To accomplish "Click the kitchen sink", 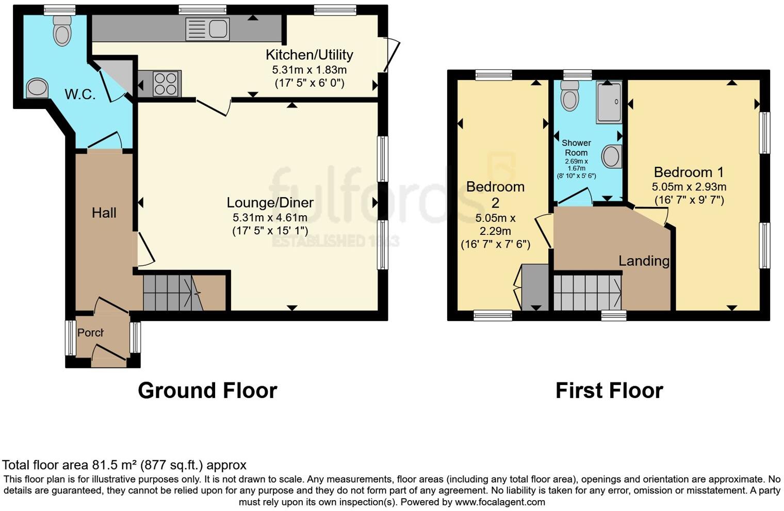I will tap(207, 29).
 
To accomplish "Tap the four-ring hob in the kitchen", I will tap(166, 83).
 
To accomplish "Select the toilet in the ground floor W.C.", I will tap(62, 30).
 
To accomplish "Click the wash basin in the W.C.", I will tap(37, 88).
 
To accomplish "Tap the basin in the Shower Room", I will tap(612, 156).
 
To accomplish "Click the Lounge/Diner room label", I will tap(270, 202).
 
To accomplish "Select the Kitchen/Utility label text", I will tap(309, 55).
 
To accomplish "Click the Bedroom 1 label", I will tap(689, 172).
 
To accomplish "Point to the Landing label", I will tap(644, 261).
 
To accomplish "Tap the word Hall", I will tap(104, 213).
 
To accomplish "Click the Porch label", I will tap(90, 333).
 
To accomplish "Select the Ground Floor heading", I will tap(207, 391).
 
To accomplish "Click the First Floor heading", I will tap(609, 391).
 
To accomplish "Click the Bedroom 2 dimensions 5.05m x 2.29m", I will tap(495, 225).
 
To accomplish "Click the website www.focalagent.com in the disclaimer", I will tap(499, 502).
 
